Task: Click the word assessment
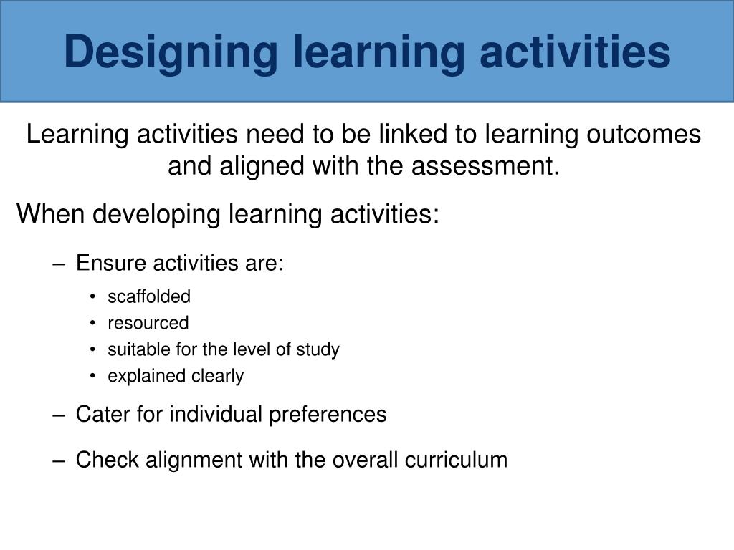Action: (487, 167)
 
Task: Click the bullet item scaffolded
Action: (149, 296)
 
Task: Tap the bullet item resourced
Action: (148, 323)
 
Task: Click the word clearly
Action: (217, 376)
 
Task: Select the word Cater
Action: (97, 414)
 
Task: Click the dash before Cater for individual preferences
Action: (59, 415)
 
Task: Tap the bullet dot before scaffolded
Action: (94, 297)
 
